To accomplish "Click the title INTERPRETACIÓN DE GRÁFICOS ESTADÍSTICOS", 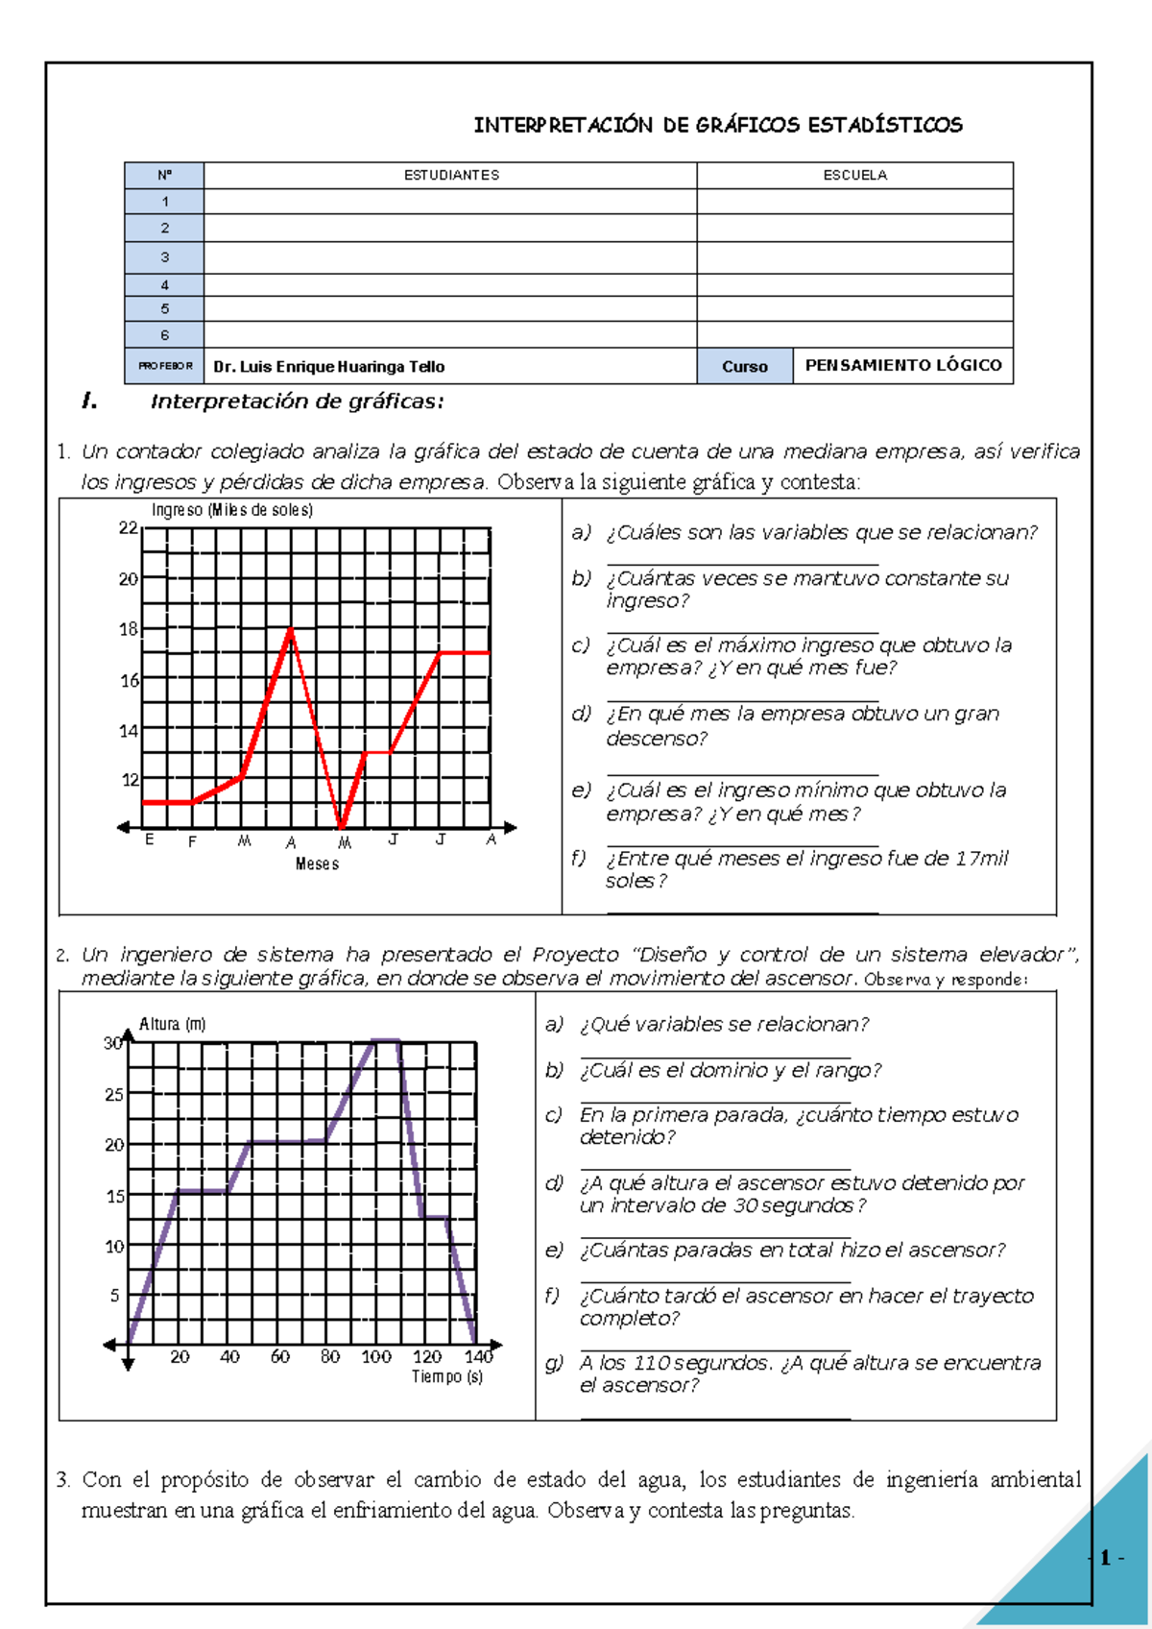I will [x=718, y=125].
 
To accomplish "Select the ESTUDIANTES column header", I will [x=451, y=175].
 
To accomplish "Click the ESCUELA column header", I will [x=854, y=175].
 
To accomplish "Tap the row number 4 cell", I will [x=164, y=284].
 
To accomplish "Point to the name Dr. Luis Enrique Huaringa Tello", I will [x=328, y=366].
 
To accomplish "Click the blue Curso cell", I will [x=744, y=366].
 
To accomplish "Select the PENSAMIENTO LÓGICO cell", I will [x=902, y=365].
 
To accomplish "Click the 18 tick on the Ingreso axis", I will [x=129, y=629].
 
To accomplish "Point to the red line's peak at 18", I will [x=291, y=629].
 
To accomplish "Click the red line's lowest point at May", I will [x=342, y=826].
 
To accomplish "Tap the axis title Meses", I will [x=317, y=863].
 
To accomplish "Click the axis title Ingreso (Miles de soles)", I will [x=232, y=510].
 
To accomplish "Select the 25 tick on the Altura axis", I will [x=114, y=1094].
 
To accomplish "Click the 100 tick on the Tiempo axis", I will [x=376, y=1356].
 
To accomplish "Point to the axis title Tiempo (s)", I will [x=447, y=1376].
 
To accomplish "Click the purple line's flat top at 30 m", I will [x=385, y=1040].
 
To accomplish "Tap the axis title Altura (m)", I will [x=173, y=1024].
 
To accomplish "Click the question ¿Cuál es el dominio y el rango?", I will [x=730, y=1070].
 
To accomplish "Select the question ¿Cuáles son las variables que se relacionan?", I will [x=822, y=532].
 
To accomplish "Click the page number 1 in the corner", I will [x=1106, y=1558].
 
